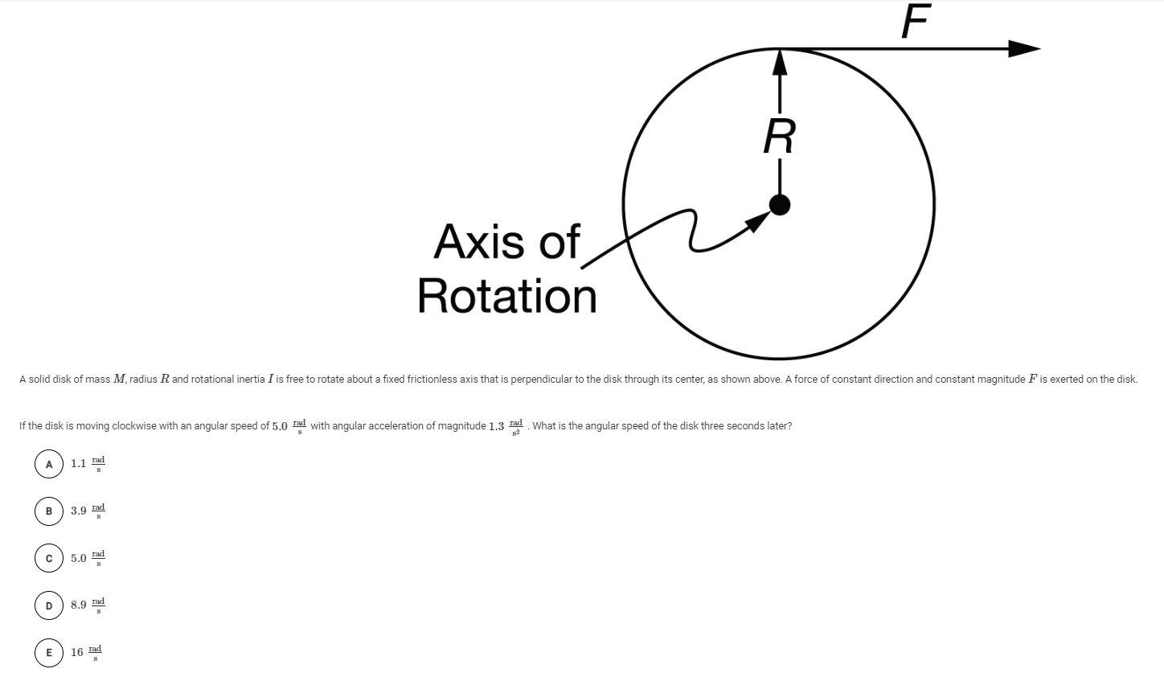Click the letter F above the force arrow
[x=916, y=21]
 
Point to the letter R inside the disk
[x=779, y=136]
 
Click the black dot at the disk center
[x=779, y=205]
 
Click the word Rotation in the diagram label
[x=506, y=296]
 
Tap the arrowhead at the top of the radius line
[x=780, y=63]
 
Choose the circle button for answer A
[x=49, y=464]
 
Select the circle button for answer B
[x=49, y=511]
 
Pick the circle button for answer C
[x=49, y=558]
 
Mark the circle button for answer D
[x=49, y=605]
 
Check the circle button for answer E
[x=49, y=652]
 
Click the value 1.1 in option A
[x=78, y=464]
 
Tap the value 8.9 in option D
[x=78, y=605]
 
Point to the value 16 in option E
[x=76, y=652]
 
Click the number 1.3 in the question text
[x=496, y=426]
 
